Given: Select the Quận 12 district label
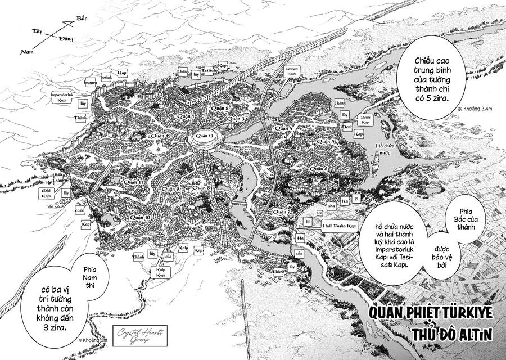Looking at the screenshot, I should pos(160,136).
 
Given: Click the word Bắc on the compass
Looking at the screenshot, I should pos(83,19).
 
